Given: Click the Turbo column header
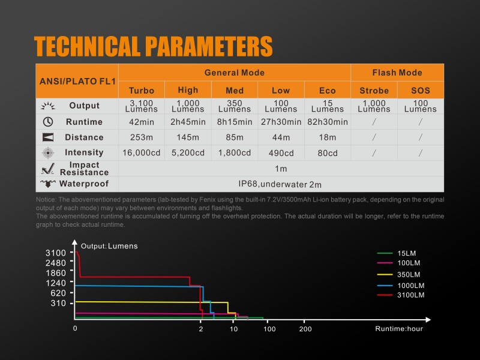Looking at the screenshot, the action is pyautogui.click(x=142, y=91).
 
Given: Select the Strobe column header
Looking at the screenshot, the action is pyautogui.click(x=374, y=91).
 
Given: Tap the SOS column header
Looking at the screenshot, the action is pyautogui.click(x=421, y=91).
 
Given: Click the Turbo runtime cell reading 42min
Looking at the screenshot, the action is pyautogui.click(x=142, y=122).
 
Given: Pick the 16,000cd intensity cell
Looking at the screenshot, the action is pyautogui.click(x=142, y=153).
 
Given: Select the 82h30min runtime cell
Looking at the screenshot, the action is pyautogui.click(x=328, y=122).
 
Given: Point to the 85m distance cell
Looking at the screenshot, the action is pyautogui.click(x=235, y=137).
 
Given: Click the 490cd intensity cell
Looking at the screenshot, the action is pyautogui.click(x=281, y=153).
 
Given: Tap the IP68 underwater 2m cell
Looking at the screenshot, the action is pyautogui.click(x=280, y=184).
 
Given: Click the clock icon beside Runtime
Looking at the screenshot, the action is pyautogui.click(x=48, y=122).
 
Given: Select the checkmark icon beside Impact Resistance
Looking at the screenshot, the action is pyautogui.click(x=48, y=169).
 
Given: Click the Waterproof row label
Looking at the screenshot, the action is pyautogui.click(x=84, y=184).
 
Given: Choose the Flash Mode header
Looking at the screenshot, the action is pyautogui.click(x=397, y=73).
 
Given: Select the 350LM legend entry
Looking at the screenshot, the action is pyautogui.click(x=401, y=275).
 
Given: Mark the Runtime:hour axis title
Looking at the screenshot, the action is pyautogui.click(x=399, y=329).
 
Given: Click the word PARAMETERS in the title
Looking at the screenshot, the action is pyautogui.click(x=209, y=47).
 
